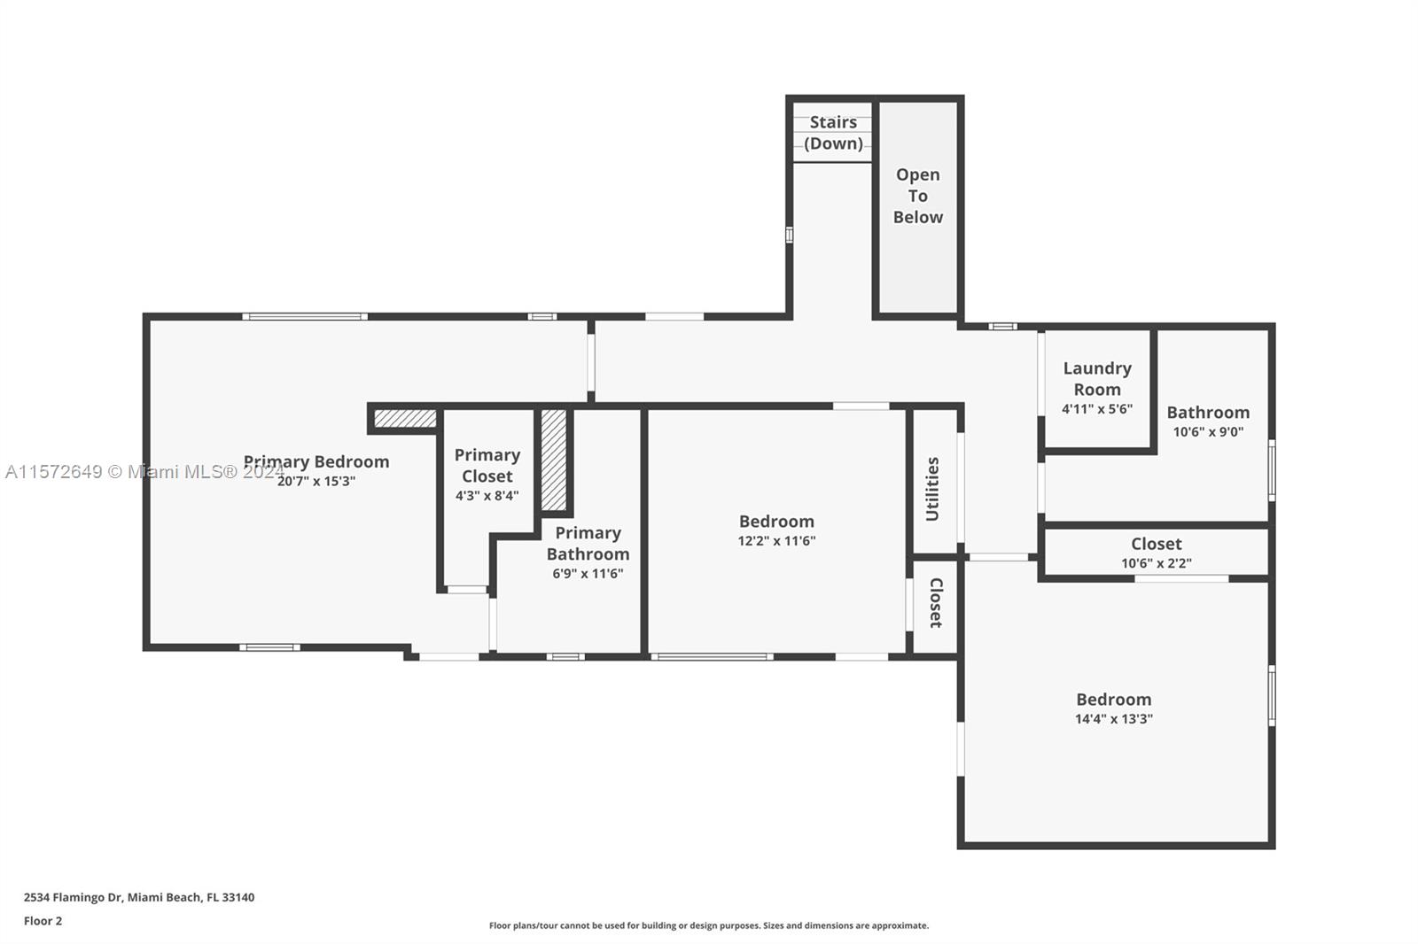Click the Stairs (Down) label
pyautogui.click(x=833, y=133)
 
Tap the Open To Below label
pyautogui.click(x=918, y=196)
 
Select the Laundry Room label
pyautogui.click(x=1097, y=378)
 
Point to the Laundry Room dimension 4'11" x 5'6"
pyautogui.click(x=1097, y=409)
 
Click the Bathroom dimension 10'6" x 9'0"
pyautogui.click(x=1209, y=431)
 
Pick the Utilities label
pyautogui.click(x=932, y=489)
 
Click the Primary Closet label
pyautogui.click(x=487, y=465)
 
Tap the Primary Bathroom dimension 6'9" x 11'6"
pyautogui.click(x=588, y=573)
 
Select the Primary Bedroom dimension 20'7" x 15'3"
pyautogui.click(x=316, y=481)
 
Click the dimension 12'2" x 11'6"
pyautogui.click(x=776, y=540)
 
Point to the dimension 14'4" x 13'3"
pyautogui.click(x=1114, y=718)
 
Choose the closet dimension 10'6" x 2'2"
pyautogui.click(x=1157, y=562)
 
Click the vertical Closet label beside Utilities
pyautogui.click(x=936, y=603)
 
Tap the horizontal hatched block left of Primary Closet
pyautogui.click(x=405, y=418)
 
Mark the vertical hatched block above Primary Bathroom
pyautogui.click(x=553, y=460)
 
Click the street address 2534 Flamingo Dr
pyautogui.click(x=139, y=897)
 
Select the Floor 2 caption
pyautogui.click(x=43, y=921)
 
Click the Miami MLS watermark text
pyautogui.click(x=145, y=471)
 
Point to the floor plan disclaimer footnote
pyautogui.click(x=709, y=925)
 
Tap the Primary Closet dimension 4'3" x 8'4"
pyautogui.click(x=487, y=495)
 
